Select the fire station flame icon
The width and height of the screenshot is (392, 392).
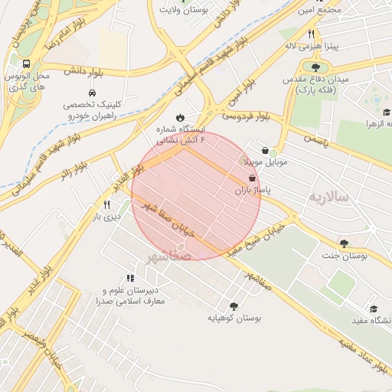coord(180,116)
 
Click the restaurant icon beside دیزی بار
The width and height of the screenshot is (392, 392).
coord(106,204)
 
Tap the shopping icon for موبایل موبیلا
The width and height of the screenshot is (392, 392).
coord(265,151)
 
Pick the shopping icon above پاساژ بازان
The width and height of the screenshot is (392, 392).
coord(253,178)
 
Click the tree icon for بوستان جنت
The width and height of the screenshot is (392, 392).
coord(343,243)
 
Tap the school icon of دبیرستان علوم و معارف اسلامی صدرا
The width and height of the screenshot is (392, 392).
coord(129,278)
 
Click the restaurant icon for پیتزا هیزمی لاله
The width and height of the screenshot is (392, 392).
coord(311,34)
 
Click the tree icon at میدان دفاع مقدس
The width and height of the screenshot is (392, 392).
coord(315,67)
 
